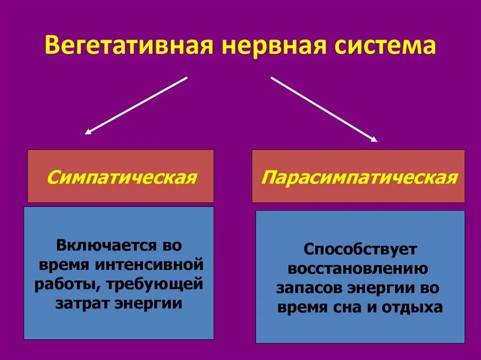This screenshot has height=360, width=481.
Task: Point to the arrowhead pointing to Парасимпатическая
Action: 374,139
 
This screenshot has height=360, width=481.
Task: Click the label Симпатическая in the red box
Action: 121,178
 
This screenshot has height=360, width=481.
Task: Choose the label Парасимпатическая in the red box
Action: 359,178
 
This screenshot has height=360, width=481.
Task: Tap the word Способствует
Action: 360,249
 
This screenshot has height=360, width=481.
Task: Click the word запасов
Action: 309,288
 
